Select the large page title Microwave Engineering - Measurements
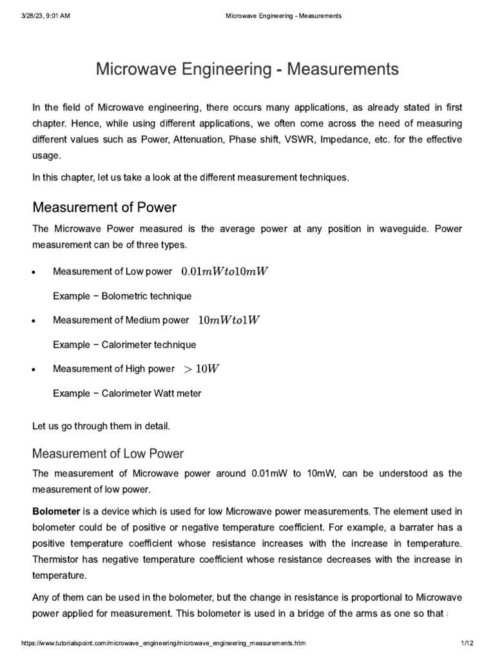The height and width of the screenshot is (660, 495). coord(247,69)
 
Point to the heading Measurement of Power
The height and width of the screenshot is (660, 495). coord(104,208)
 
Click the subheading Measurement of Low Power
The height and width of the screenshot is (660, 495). coord(108,453)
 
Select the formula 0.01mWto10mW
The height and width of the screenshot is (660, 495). coord(224,271)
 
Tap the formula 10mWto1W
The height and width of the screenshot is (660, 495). coord(229,320)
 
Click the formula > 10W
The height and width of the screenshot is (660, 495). coord(202,369)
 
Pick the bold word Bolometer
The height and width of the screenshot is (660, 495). coord(55,511)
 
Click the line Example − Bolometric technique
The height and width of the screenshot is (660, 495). coord(122,296)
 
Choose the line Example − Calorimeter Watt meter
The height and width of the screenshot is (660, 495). coord(126,393)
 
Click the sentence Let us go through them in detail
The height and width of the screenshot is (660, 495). coord(100,426)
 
